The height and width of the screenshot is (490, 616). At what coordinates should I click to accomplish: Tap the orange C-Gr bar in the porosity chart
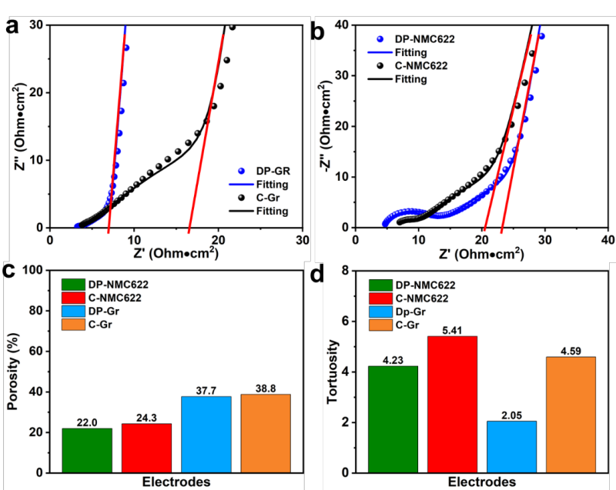(266, 433)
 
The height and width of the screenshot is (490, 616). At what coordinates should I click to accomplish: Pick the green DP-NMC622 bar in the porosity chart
(87, 450)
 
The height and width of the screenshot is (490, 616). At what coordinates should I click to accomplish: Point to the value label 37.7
(206, 389)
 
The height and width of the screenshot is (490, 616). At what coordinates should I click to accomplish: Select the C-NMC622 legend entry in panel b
(419, 65)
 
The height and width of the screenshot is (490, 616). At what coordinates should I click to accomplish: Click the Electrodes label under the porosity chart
(176, 482)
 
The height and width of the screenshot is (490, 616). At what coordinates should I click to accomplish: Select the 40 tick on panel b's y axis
(340, 25)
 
